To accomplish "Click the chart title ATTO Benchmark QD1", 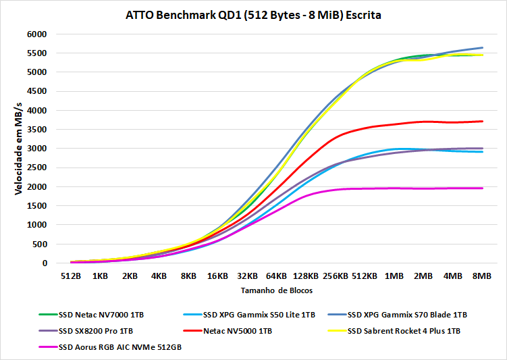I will (253, 15).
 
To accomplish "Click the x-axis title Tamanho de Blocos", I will (276, 290).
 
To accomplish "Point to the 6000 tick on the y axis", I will (36, 34).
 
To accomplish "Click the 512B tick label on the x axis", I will (71, 276).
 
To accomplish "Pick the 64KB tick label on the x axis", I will (277, 276).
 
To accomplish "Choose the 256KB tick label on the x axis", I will (336, 276).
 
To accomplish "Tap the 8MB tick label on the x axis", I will (482, 276).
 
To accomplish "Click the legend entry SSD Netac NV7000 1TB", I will (101, 314).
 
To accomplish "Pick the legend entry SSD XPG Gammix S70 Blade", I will (407, 314).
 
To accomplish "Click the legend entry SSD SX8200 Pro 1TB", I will (95, 330).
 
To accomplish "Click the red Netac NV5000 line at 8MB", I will (482, 122).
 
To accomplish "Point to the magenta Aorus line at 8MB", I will (482, 188).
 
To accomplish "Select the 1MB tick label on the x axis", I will (394, 276).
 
